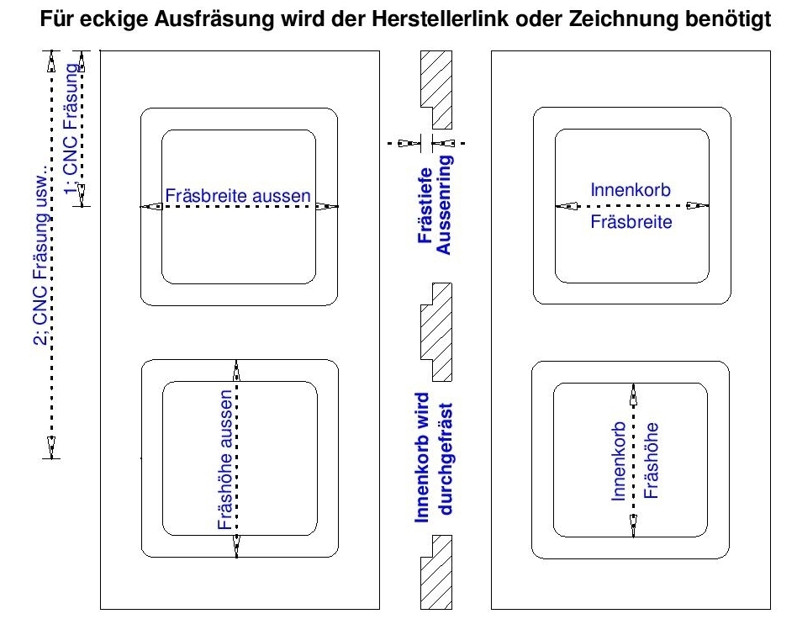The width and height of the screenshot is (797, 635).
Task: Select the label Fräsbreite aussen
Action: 239,196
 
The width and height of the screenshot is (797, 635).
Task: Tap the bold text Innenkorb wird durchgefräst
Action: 435,456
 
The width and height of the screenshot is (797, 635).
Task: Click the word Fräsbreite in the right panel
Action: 632,225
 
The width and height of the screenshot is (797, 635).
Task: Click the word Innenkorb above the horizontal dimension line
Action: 632,191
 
